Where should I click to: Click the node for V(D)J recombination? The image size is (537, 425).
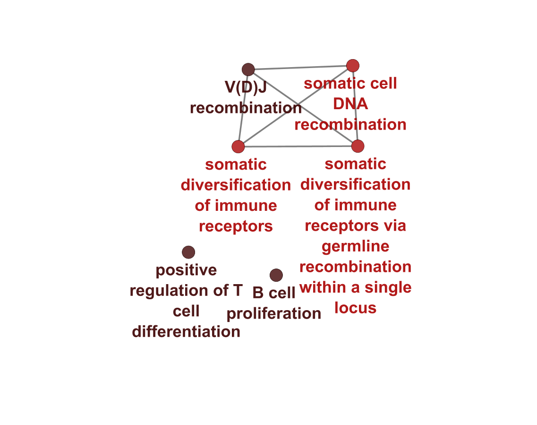tap(248, 69)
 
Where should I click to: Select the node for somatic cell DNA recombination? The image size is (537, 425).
tap(353, 66)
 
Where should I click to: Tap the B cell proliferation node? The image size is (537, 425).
tap(276, 275)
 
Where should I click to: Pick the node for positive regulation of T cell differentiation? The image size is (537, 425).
tap(188, 252)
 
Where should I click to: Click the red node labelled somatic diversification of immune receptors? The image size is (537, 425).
tap(239, 147)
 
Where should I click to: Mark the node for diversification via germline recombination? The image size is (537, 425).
tap(358, 146)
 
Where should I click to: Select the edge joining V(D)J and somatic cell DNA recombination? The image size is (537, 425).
tap(300, 68)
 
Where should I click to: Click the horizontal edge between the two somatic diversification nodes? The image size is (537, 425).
tap(298, 147)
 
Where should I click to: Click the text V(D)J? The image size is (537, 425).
tap(245, 87)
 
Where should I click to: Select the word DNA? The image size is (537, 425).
tap(350, 104)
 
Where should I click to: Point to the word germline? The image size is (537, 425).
tap(355, 246)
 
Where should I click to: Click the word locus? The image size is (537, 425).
tap(355, 308)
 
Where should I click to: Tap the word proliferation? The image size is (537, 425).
tap(274, 313)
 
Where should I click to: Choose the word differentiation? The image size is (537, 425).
tap(186, 332)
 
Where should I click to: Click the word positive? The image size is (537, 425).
tap(186, 270)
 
